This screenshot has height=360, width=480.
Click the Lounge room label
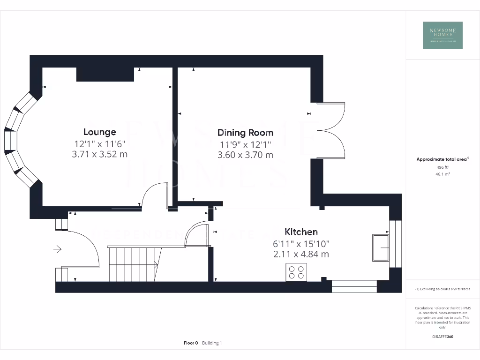click(99, 132)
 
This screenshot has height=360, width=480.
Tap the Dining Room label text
click(245, 133)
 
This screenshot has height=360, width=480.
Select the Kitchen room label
click(301, 232)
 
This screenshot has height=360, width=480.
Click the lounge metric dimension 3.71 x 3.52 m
click(99, 154)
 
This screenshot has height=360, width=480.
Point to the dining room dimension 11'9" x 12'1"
click(245, 144)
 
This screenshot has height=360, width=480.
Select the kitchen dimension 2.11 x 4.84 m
click(301, 254)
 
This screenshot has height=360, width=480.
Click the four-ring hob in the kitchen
click(296, 272)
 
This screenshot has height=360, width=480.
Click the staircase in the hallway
click(134, 264)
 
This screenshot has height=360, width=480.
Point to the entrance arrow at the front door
click(58, 249)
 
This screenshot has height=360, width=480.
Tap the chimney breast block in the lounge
click(105, 74)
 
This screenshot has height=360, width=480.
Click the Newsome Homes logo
click(442, 35)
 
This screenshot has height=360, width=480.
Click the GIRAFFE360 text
click(442, 337)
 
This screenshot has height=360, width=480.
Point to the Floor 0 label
click(191, 343)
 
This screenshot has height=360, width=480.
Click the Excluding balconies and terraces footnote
click(442, 289)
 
